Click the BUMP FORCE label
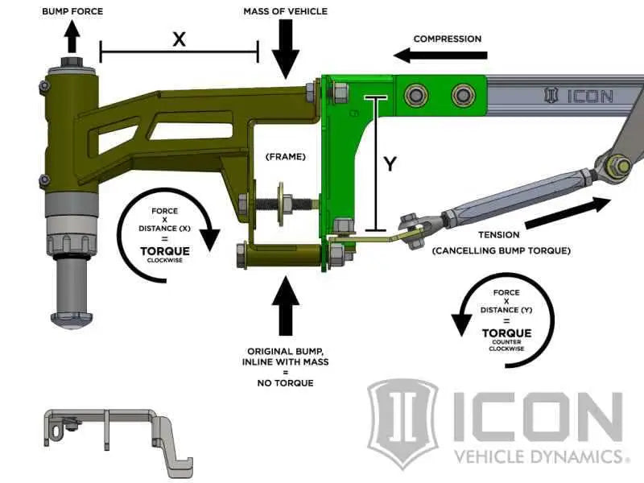73,11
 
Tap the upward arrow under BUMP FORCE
73,36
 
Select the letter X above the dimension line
179,38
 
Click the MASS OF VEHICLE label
285,11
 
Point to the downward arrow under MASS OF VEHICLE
285,50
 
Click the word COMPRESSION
447,39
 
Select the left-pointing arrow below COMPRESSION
441,56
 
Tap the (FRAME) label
287,156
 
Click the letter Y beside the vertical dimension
390,163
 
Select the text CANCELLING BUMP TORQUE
501,251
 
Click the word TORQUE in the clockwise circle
165,251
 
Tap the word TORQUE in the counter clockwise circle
506,332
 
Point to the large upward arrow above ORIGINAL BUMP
286,304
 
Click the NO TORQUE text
287,382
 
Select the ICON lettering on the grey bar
580,97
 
